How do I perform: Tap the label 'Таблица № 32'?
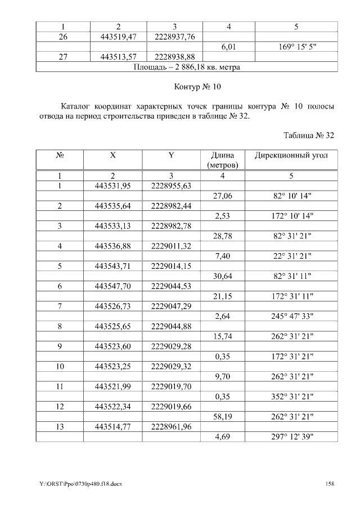point(309,136)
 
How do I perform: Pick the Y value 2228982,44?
point(172,206)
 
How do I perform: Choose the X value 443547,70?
point(113,286)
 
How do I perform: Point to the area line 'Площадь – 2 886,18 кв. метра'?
point(187,67)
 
